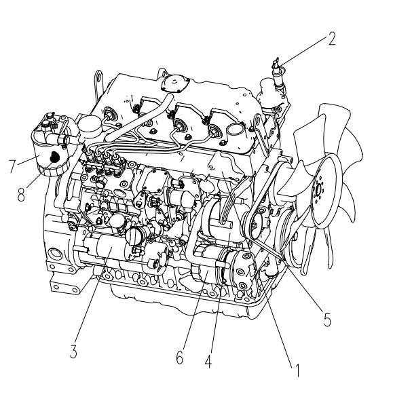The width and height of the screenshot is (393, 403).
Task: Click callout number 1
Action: point(297,370)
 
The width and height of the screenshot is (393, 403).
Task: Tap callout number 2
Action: point(332,39)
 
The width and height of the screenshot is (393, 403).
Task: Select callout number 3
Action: point(73,351)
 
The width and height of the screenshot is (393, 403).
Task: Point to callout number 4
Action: point(208,362)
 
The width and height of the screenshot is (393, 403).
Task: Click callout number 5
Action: point(327,320)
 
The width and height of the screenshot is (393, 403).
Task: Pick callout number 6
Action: point(180,357)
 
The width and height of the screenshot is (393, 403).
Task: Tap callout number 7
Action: point(12,166)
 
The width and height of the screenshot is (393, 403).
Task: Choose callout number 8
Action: point(21,195)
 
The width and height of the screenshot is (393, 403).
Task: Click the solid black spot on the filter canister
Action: point(54,157)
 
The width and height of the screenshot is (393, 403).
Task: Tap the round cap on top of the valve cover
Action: point(176,83)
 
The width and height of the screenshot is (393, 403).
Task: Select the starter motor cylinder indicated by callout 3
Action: point(107,248)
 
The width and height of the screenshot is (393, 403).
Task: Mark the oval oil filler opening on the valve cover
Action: point(236,130)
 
